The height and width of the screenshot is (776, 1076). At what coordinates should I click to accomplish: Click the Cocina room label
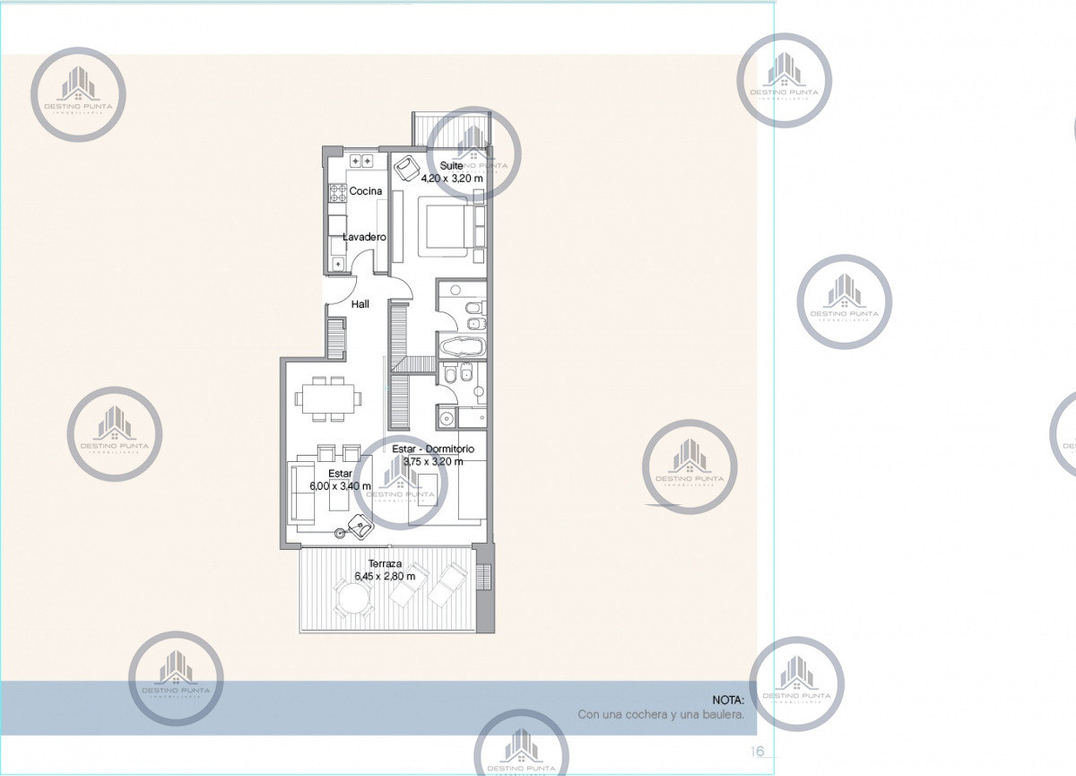(x=366, y=191)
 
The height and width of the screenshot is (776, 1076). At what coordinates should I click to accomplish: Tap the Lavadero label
(x=365, y=237)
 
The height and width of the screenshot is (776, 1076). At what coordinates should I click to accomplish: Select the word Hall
(x=360, y=304)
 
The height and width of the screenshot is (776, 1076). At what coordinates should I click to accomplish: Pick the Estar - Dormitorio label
(x=433, y=449)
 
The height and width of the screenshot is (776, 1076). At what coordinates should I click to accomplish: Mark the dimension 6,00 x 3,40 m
(x=340, y=485)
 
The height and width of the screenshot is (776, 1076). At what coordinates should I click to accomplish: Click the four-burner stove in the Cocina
(x=338, y=193)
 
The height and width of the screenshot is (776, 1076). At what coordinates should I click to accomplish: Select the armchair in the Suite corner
(x=409, y=168)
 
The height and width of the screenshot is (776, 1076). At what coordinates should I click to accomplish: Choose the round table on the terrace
(x=353, y=597)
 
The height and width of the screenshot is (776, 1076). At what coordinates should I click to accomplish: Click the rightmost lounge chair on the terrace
(x=450, y=585)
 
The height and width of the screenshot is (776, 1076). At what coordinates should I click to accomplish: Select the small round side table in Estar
(x=340, y=534)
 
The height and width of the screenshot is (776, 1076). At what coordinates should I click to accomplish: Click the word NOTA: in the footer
(x=728, y=699)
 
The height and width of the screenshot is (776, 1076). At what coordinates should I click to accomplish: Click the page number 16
(x=758, y=751)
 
